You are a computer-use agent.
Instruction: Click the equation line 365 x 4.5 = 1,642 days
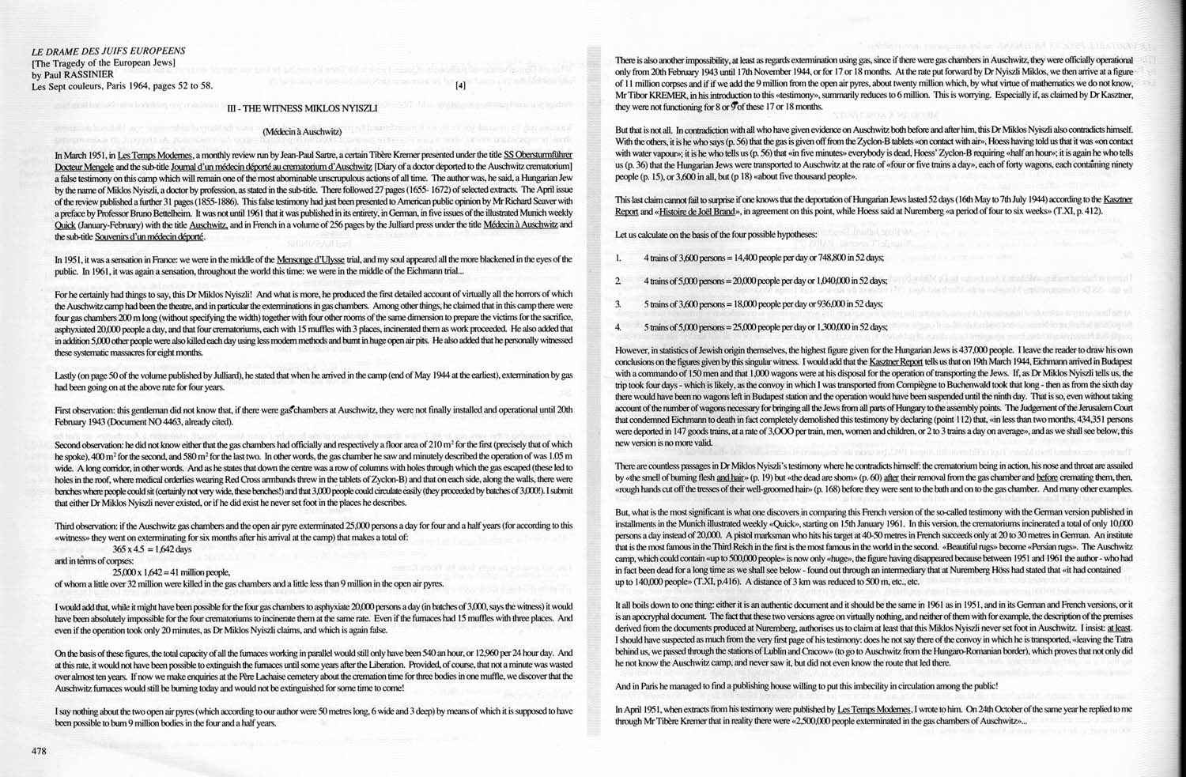coord(152,548)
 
